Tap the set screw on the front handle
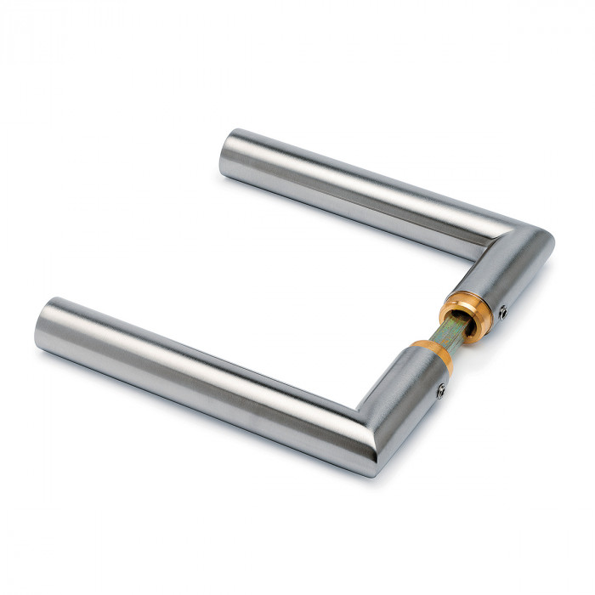click(x=441, y=390)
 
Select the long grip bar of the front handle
click(x=204, y=374)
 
